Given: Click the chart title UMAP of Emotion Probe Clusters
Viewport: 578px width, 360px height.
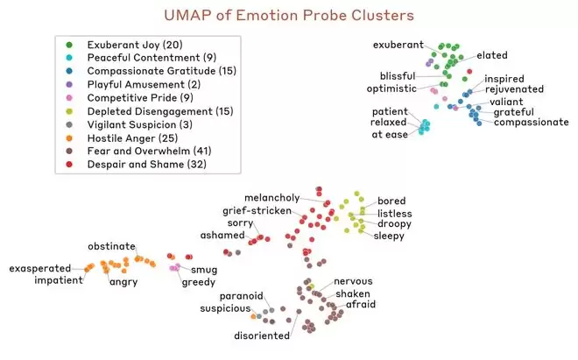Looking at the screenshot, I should point(289,16).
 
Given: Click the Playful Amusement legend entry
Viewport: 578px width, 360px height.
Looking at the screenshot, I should point(138,84).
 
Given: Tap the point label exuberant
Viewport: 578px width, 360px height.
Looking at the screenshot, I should point(398,45).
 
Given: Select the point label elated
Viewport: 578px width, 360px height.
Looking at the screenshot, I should point(492,55).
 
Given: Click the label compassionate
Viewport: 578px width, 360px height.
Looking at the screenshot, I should point(532,123).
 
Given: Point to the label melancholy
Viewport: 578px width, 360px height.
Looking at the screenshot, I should point(271,197).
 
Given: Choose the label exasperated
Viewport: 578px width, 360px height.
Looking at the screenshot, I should point(44,268).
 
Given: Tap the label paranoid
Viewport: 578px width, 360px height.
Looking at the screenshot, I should point(228,296).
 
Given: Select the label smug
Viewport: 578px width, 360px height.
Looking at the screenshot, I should point(205,269).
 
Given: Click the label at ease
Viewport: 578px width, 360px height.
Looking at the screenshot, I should point(390,135).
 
